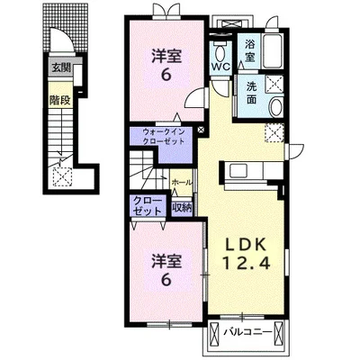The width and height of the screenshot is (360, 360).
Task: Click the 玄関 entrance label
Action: pos(61,67)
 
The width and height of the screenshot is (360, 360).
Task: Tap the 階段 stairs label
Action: pos(60,101)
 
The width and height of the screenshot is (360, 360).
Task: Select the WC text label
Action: pos(220,67)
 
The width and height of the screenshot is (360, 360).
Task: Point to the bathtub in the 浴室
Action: pos(272,51)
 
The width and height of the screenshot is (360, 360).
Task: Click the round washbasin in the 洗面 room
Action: pos(276,107)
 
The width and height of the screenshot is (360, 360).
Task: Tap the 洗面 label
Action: pos(251,93)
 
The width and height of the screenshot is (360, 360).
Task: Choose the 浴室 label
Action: pos(249,51)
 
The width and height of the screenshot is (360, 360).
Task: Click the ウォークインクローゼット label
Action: pos(164,137)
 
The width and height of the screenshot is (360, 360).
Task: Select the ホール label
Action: pos(182,182)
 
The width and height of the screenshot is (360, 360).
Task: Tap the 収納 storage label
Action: pos(182,208)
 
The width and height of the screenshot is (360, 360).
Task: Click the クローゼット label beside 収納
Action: pos(147,206)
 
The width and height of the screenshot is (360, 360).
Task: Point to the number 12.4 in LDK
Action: pos(247,263)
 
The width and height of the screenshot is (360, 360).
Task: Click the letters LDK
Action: pos(246,245)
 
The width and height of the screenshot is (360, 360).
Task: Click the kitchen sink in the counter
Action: pos(238,171)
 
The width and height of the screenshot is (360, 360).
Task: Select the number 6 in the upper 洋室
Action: pos(166,75)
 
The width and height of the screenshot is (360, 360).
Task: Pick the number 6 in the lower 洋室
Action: pos(166,280)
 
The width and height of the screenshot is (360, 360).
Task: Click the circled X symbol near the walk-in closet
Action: pos(201,130)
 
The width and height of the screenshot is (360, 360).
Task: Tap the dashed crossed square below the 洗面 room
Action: pos(274,133)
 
